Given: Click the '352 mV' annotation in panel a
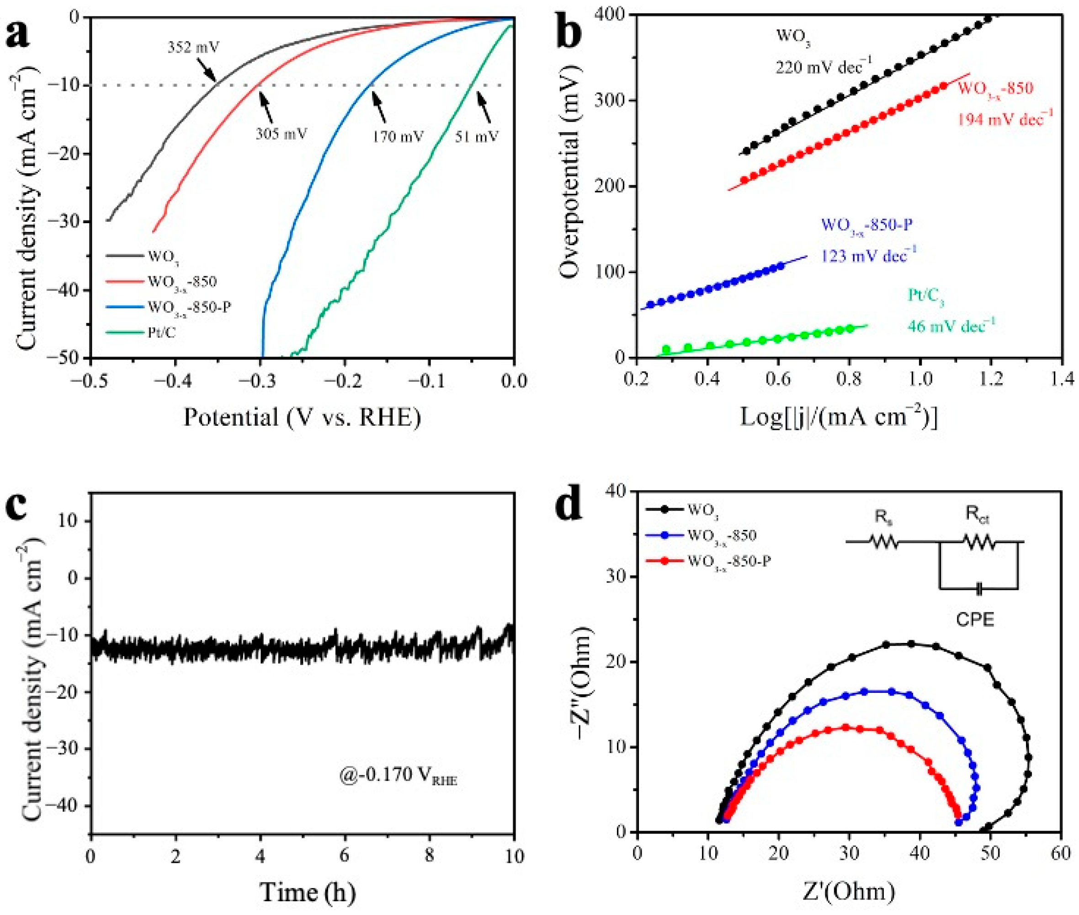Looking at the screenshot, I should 193,48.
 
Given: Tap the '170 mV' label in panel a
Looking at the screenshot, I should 398,136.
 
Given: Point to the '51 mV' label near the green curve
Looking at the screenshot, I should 477,136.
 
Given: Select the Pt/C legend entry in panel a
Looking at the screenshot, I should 161,332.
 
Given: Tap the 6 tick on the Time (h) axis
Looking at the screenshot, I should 344,856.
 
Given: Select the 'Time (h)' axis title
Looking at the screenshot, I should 308,892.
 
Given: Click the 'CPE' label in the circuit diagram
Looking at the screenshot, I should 975,619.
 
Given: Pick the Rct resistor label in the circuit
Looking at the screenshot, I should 978,514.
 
